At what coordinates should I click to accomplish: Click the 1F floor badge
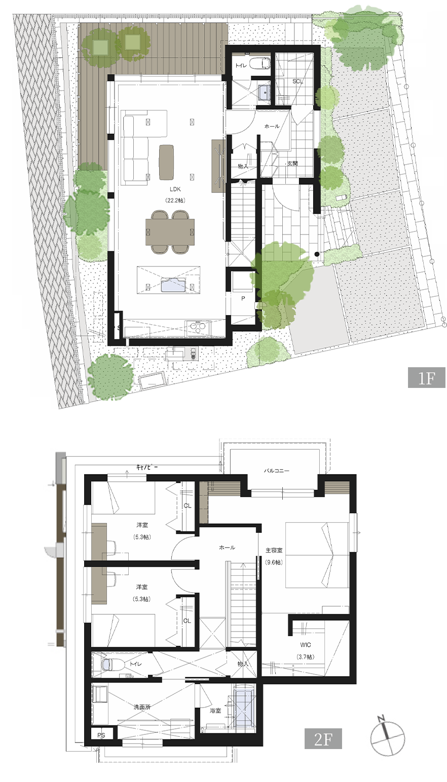tap(426, 378)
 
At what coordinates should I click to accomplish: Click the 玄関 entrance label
tap(292, 163)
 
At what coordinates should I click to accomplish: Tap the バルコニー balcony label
tap(277, 471)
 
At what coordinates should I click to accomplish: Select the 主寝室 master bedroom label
tap(274, 550)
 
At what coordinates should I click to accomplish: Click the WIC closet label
tap(305, 645)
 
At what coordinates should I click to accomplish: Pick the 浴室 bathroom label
tap(215, 711)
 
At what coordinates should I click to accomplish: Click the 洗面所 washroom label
tap(142, 707)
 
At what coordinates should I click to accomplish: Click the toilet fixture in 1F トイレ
tap(262, 65)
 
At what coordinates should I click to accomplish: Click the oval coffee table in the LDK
tap(166, 162)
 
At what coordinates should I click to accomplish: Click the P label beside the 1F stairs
tap(243, 299)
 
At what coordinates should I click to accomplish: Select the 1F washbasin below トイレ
tap(264, 92)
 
